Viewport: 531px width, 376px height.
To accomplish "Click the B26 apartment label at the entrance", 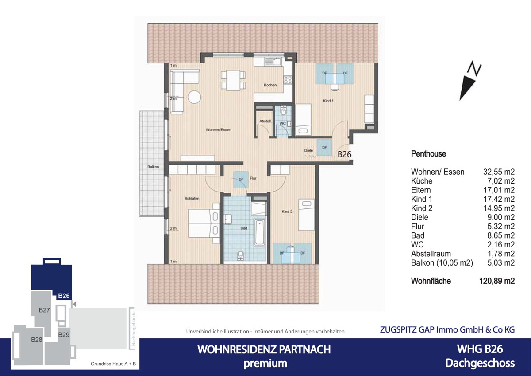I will click(x=344, y=154).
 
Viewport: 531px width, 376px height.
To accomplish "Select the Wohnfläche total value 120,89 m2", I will click(x=497, y=281).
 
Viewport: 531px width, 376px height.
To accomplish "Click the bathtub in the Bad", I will click(x=259, y=231).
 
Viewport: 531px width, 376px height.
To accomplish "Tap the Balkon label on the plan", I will click(x=153, y=167).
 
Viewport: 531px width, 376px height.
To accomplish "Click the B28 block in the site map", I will click(x=36, y=340).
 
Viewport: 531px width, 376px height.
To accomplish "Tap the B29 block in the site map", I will click(x=63, y=335).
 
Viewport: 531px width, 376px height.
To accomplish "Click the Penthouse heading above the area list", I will click(x=428, y=154).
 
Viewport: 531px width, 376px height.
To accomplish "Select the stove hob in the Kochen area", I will click(x=288, y=80).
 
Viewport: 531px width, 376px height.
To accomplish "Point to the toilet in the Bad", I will click(x=240, y=255).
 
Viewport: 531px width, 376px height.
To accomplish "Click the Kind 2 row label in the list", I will click(x=422, y=208).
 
